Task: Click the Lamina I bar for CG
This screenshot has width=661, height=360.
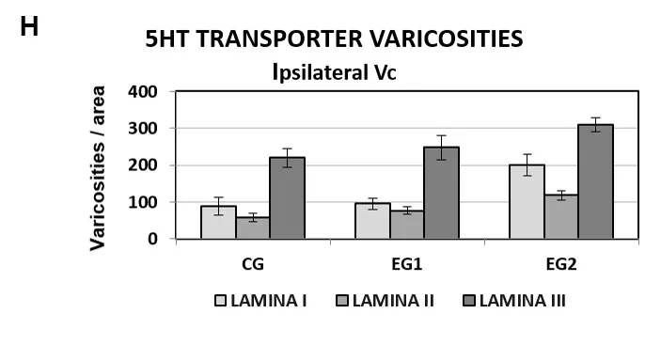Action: click(x=218, y=222)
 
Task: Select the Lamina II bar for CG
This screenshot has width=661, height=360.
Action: click(x=253, y=228)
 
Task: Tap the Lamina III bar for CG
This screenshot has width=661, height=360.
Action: click(x=288, y=198)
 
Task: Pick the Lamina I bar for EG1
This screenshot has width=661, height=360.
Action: click(x=372, y=221)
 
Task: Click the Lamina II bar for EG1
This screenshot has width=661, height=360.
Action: click(x=407, y=225)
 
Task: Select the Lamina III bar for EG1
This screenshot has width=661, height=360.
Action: click(x=441, y=193)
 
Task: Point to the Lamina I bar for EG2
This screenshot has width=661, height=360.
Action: click(x=527, y=202)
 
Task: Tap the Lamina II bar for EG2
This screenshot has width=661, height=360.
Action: click(x=561, y=217)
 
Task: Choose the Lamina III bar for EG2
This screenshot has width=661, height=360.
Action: click(x=596, y=181)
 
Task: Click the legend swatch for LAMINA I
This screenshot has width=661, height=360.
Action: click(x=220, y=301)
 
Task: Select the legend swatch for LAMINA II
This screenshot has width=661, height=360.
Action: click(x=342, y=301)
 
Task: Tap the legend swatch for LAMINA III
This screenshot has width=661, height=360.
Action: click(x=469, y=301)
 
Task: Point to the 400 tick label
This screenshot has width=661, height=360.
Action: click(x=143, y=91)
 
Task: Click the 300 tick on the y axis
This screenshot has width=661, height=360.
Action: click(x=143, y=128)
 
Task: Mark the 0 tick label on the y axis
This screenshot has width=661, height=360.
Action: click(x=152, y=239)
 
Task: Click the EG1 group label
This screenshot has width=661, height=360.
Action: click(x=407, y=264)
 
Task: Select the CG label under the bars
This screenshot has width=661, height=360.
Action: click(x=253, y=264)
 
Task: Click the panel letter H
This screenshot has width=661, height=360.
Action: click(x=29, y=27)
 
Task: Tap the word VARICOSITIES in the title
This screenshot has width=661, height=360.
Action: click(x=447, y=39)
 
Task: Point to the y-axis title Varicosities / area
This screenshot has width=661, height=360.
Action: click(x=98, y=168)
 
